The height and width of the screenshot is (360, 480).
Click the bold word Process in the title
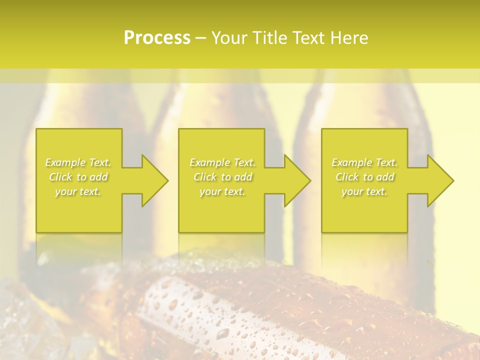click(x=157, y=38)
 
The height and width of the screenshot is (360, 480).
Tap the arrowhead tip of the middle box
click(x=309, y=180)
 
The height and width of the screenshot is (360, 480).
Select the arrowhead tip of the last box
click(x=452, y=180)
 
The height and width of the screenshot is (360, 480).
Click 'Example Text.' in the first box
click(x=78, y=162)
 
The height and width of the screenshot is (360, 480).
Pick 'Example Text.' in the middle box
click(x=222, y=162)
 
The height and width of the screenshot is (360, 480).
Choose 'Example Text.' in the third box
click(x=364, y=162)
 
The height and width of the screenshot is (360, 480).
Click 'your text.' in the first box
click(x=78, y=191)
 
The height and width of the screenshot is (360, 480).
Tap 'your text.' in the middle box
click(x=222, y=191)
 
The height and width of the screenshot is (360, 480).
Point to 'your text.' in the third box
click(x=364, y=191)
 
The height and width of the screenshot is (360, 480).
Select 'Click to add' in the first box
click(x=78, y=177)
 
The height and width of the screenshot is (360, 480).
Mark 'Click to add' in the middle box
click(x=222, y=177)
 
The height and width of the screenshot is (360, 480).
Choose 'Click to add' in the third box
click(x=364, y=177)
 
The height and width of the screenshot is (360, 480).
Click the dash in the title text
click(x=201, y=38)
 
